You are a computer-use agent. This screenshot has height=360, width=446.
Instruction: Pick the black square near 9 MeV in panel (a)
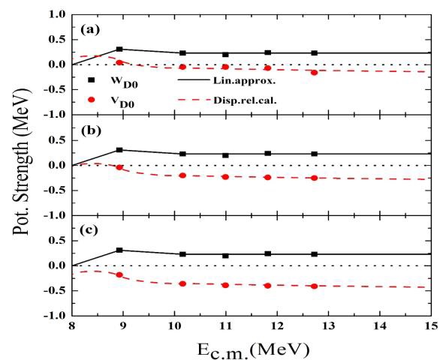tap(119, 49)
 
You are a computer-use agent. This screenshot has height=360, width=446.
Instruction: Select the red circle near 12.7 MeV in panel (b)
tap(314, 178)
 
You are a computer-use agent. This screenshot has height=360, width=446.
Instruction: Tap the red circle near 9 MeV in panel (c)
tap(119, 275)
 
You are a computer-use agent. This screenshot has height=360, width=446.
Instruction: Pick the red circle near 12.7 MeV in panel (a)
tap(314, 72)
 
